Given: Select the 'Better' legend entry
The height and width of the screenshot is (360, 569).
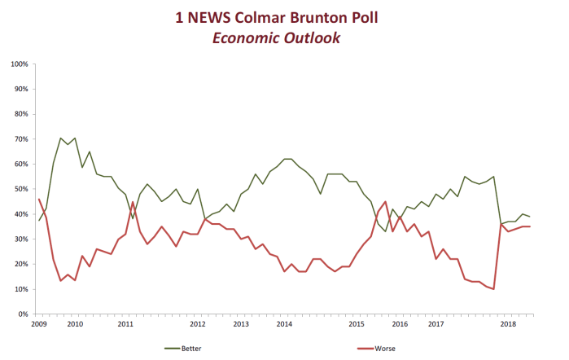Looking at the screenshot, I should (x=186, y=348).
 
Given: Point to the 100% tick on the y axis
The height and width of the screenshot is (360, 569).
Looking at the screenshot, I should (x=20, y=64).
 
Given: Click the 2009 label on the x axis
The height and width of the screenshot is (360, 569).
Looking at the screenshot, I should (x=39, y=324).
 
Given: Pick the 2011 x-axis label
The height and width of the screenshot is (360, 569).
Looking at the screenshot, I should (x=125, y=324).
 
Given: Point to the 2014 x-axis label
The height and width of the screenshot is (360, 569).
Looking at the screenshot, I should (x=284, y=324).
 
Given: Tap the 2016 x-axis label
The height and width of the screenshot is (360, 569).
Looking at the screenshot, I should (x=400, y=324).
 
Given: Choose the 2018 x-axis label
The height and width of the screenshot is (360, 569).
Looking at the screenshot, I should (x=508, y=324).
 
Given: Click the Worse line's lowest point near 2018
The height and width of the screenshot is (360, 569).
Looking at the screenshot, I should (x=494, y=289).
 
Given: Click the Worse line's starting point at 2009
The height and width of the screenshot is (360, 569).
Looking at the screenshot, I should (x=39, y=199).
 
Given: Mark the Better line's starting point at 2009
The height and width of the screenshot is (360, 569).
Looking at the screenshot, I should (x=39, y=221).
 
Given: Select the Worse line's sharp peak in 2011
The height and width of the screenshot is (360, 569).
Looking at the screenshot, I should (x=133, y=202).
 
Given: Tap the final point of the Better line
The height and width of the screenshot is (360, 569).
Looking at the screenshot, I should (x=530, y=217).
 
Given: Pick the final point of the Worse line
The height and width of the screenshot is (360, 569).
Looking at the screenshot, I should (x=530, y=226).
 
